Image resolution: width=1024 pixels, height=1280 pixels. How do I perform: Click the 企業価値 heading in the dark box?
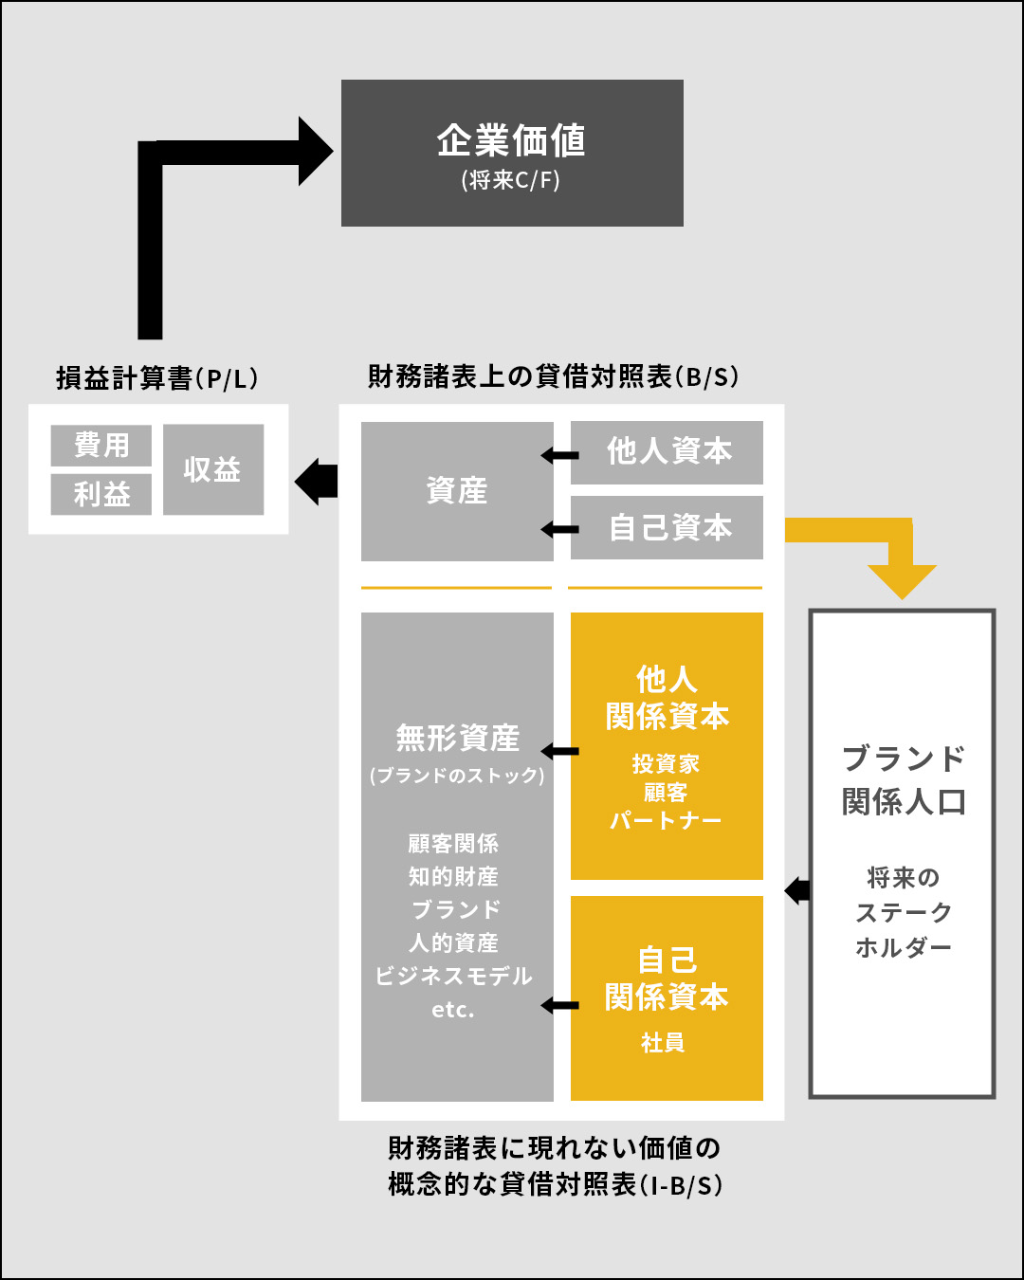tap(511, 140)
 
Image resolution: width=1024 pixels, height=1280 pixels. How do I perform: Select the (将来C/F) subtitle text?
tap(511, 180)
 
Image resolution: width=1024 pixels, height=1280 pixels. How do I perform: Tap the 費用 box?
tap(101, 445)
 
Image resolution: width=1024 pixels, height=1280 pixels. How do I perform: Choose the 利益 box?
tap(101, 494)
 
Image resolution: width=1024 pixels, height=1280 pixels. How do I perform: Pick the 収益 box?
tap(213, 469)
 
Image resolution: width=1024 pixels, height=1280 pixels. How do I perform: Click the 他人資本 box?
tap(667, 452)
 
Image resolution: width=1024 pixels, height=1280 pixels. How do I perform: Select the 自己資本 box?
tap(667, 527)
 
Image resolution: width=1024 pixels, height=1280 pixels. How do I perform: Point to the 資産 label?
tap(457, 491)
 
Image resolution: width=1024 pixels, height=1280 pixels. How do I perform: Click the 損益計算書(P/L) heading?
tap(157, 378)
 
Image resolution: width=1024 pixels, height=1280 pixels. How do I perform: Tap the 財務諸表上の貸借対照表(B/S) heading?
tap(554, 376)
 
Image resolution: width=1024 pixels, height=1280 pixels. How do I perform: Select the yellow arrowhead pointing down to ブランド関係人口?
tap(902, 582)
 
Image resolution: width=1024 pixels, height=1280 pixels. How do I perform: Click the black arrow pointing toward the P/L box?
tap(316, 482)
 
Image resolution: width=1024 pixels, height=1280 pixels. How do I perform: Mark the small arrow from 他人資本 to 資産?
tap(559, 456)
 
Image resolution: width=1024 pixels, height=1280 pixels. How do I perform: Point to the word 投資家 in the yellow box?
tap(666, 764)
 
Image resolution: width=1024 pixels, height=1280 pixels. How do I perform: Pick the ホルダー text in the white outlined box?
tap(904, 947)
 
